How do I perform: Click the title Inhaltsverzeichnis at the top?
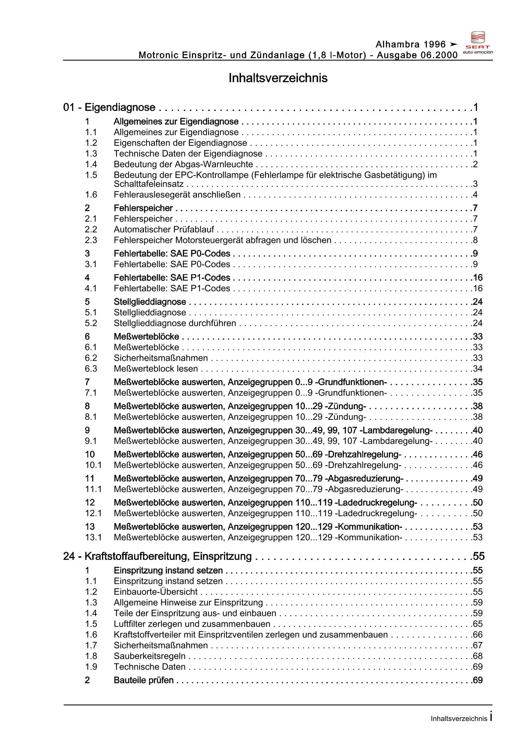click(x=278, y=78)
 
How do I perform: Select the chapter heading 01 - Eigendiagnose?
click(x=109, y=107)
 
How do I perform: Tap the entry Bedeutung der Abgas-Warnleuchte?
click(x=183, y=165)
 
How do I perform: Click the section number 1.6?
click(x=91, y=195)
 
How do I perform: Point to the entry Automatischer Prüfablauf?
click(x=164, y=230)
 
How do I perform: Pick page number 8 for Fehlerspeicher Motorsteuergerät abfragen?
click(x=475, y=240)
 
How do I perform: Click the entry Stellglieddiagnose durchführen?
click(x=175, y=323)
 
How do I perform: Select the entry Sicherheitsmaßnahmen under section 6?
click(x=161, y=358)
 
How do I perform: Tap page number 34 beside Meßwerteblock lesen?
click(x=477, y=369)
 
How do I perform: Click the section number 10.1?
click(x=93, y=465)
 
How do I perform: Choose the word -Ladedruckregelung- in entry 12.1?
click(x=376, y=513)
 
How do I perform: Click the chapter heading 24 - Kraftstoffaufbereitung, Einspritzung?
click(x=157, y=557)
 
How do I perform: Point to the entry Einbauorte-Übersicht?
click(x=155, y=592)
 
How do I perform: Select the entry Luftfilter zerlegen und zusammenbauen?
click(x=192, y=624)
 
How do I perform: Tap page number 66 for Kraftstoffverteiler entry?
click(x=477, y=635)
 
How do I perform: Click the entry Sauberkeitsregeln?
click(x=149, y=656)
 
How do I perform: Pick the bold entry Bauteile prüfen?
click(x=143, y=680)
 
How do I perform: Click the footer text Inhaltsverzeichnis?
click(x=459, y=719)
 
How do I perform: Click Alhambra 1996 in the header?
click(x=411, y=45)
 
